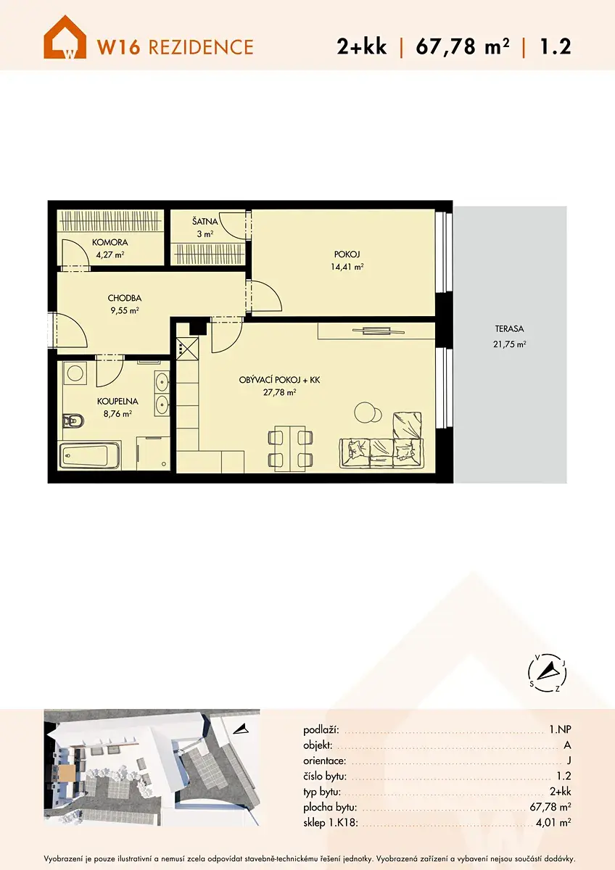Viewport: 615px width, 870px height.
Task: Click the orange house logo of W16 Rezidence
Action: coord(65,37)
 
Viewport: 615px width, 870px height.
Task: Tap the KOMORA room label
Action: coord(110,242)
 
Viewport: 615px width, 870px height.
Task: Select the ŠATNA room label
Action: coord(205,222)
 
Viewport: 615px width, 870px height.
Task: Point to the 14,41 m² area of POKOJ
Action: coord(347,267)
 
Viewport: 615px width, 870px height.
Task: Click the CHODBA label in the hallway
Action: coord(124,298)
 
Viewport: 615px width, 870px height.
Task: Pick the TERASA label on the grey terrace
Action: coord(509,329)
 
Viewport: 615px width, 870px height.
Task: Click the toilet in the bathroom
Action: coord(73,420)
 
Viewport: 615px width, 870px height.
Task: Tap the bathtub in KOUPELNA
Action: coord(89,455)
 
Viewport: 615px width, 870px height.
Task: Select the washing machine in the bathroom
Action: coord(75,373)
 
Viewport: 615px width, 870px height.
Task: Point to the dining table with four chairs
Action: coord(290,449)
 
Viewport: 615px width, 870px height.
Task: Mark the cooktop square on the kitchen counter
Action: coord(187,349)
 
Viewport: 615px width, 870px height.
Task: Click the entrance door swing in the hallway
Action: coord(70,330)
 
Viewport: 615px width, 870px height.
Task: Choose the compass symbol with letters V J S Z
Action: coord(547,672)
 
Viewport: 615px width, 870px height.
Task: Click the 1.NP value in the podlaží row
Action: coord(560,730)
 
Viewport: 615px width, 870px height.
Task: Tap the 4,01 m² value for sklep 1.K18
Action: coord(553,822)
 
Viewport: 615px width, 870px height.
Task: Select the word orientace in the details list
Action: coord(324,761)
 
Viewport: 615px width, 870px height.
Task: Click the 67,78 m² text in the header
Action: coord(463,46)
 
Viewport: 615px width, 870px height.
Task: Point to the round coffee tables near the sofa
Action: coord(368,412)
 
